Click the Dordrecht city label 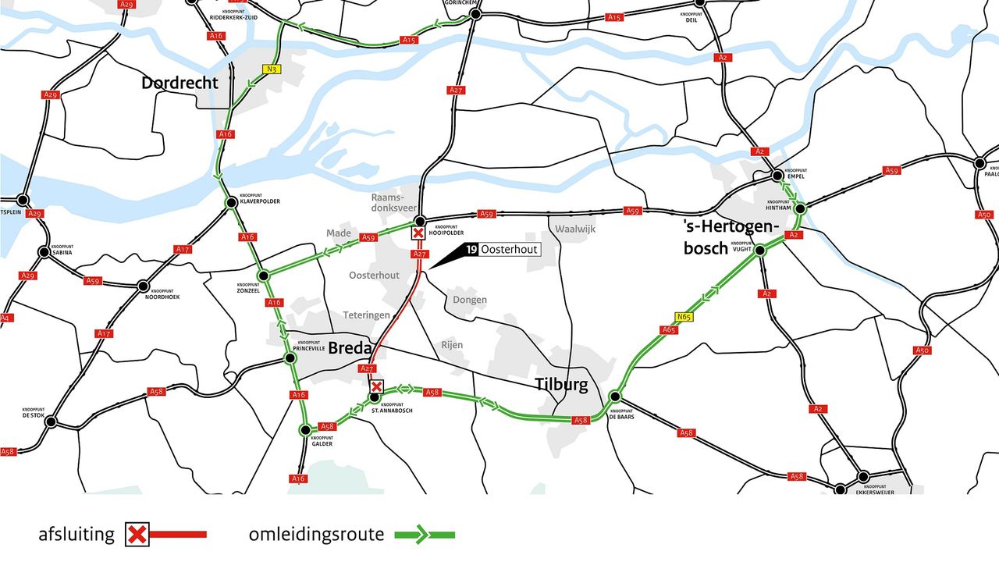pos(180,83)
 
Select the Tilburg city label pos(560,384)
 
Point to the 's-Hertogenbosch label pos(731,237)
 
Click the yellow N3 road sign pos(272,69)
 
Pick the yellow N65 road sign pos(684,317)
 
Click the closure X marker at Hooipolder pos(418,233)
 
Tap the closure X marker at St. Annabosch pos(377,386)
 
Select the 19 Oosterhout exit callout pos(500,250)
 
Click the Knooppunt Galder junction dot pos(305,430)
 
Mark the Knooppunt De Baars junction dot pos(614,396)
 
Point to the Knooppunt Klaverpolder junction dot pos(231,203)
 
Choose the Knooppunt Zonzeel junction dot pos(264,274)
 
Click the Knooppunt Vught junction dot pos(759,251)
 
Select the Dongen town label pos(469,300)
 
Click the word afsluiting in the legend pos(76,535)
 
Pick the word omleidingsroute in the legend pos(316,535)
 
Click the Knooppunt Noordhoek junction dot pos(143,286)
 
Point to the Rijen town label pos(451,345)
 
